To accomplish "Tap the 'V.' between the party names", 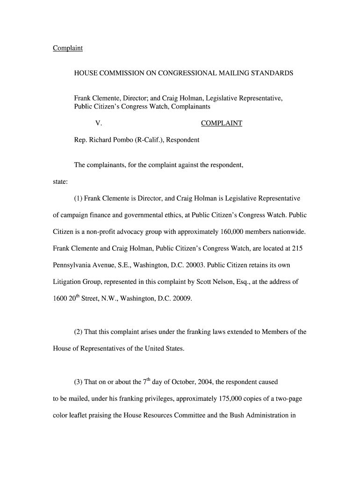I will coord(99,123).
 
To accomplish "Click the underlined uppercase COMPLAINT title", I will coord(222,123).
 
